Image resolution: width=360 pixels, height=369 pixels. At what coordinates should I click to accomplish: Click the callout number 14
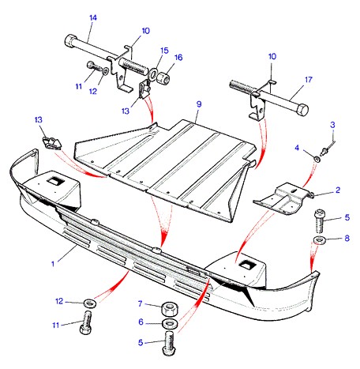pyautogui.click(x=93, y=18)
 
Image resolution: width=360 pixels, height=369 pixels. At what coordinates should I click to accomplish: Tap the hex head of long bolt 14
pyautogui.click(x=69, y=41)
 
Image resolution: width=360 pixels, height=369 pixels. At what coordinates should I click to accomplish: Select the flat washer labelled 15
pyautogui.click(x=153, y=73)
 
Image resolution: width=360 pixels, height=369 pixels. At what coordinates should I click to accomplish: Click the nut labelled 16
pyautogui.click(x=163, y=77)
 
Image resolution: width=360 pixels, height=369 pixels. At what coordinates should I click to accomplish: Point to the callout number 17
pyautogui.click(x=309, y=80)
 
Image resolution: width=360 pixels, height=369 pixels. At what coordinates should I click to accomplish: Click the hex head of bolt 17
pyautogui.click(x=302, y=110)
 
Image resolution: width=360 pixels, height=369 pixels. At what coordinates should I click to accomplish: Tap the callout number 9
pyautogui.click(x=199, y=104)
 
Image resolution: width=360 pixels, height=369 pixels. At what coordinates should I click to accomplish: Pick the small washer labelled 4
pyautogui.click(x=317, y=159)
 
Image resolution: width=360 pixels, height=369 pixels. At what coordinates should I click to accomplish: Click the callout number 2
pyautogui.click(x=338, y=190)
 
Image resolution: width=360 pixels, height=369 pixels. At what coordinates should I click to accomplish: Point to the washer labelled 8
pyautogui.click(x=320, y=240)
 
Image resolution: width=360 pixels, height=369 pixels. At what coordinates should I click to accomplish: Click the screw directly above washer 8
pyautogui.click(x=320, y=220)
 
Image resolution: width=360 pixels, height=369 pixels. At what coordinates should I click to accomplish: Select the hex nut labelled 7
pyautogui.click(x=169, y=309)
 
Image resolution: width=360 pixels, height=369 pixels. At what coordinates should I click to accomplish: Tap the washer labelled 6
pyautogui.click(x=170, y=323)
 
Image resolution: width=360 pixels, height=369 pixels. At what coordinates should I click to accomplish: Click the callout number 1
pyautogui.click(x=53, y=263)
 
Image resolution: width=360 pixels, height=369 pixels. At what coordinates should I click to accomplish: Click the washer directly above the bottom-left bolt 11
pyautogui.click(x=90, y=303)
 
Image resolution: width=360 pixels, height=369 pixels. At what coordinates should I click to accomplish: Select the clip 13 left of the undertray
pyautogui.click(x=52, y=142)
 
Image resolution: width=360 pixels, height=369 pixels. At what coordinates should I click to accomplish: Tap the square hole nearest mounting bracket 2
pyautogui.click(x=247, y=265)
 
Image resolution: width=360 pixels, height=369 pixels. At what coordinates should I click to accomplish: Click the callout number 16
pyautogui.click(x=178, y=58)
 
